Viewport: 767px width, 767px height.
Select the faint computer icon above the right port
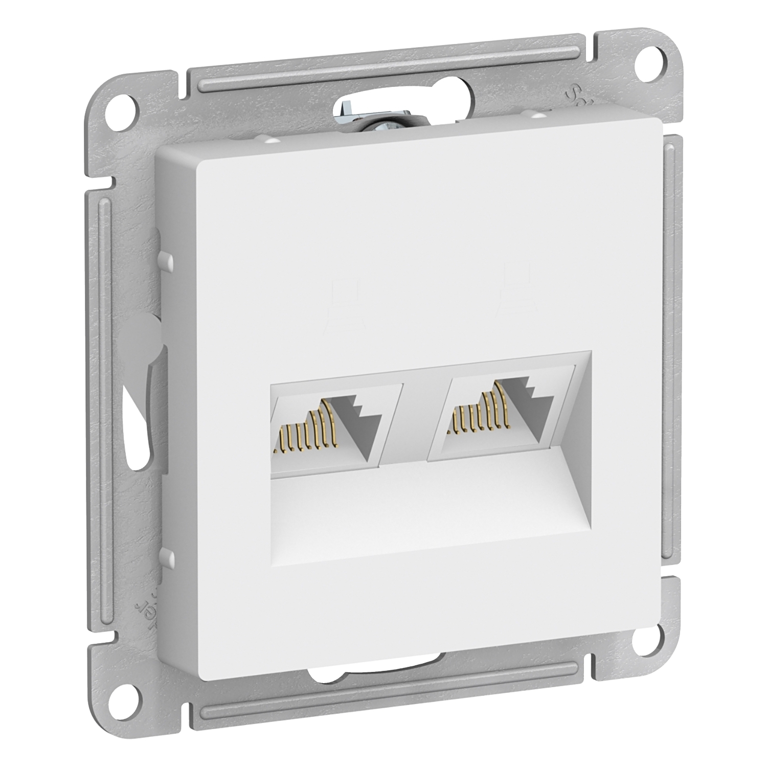514,286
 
